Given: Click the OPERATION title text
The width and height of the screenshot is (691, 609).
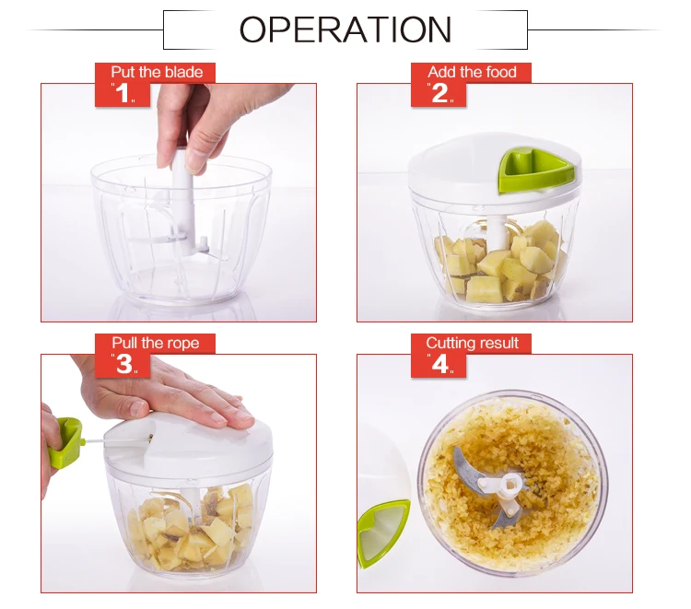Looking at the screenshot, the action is point(345,29).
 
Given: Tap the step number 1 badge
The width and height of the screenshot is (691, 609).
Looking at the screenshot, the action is point(123,93).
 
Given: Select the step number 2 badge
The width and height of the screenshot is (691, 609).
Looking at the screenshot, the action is point(439,93).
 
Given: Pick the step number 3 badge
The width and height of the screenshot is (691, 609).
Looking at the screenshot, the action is point(123,365).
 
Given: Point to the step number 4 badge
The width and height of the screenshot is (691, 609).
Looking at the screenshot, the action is point(439,365).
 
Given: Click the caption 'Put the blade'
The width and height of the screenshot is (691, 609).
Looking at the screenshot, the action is point(157,72).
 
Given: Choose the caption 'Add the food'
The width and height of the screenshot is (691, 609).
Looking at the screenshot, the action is point(472,72).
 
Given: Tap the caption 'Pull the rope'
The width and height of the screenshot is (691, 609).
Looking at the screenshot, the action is point(155,343).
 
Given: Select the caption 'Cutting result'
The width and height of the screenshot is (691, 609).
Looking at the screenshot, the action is point(472,343).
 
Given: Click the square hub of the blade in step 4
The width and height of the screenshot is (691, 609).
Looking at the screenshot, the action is point(510,485).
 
